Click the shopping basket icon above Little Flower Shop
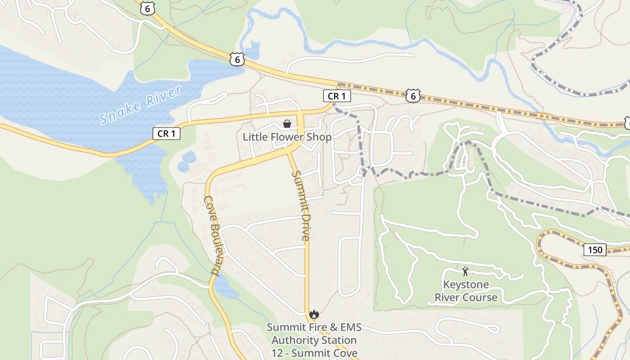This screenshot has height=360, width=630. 287,124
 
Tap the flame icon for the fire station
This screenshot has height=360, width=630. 314,314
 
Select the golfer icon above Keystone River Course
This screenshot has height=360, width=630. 465,271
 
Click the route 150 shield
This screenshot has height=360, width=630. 595,250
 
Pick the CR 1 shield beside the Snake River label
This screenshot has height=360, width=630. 166,133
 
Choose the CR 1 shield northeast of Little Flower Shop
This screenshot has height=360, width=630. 337,96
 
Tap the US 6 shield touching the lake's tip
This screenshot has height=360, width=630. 237,58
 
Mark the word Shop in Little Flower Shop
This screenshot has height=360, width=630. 321,137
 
